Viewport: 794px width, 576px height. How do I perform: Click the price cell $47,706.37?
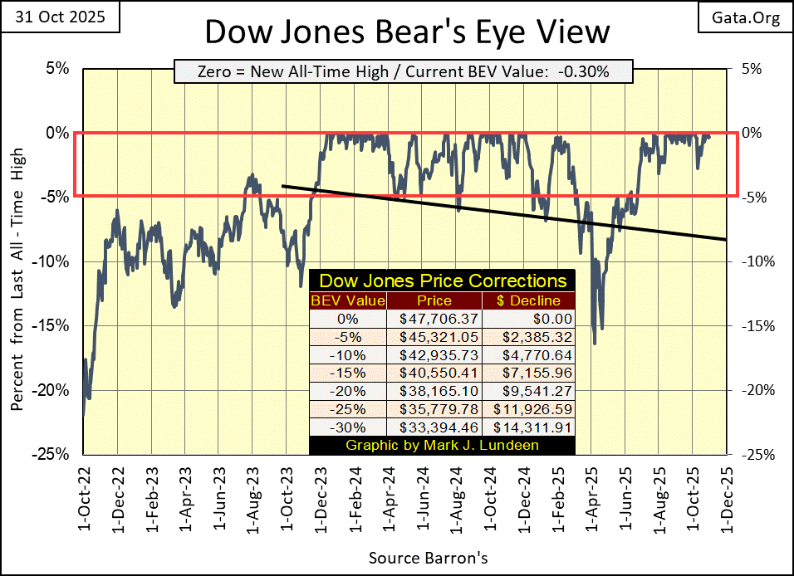tap(435, 318)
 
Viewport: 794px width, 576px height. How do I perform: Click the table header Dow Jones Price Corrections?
tap(443, 281)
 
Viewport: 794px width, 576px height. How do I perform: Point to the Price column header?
tap(435, 300)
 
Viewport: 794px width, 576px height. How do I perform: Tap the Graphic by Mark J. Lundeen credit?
tap(441, 446)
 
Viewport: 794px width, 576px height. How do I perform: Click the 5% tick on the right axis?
tap(752, 68)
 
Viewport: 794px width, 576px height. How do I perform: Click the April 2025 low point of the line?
tap(595, 343)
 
